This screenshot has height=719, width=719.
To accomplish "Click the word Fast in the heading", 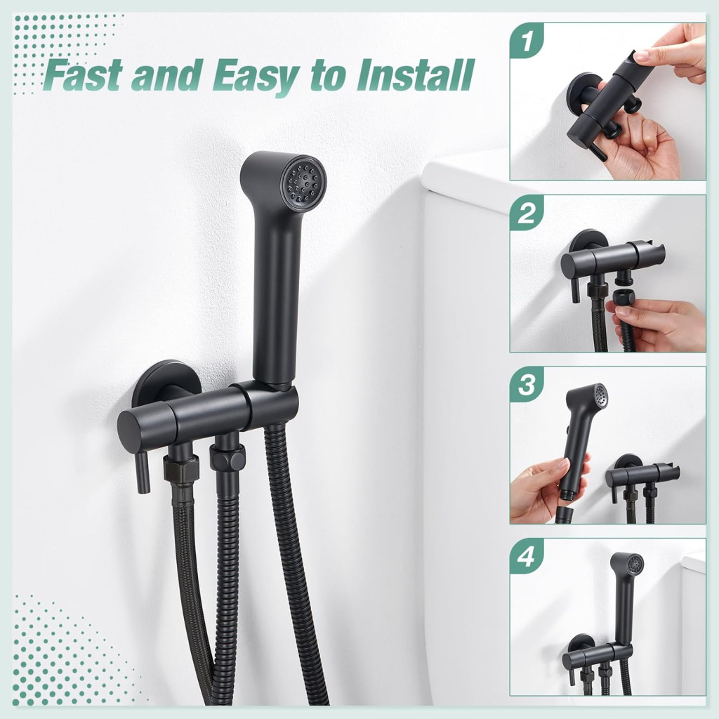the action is click(x=85, y=76).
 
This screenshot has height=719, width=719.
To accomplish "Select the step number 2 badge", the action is click(x=527, y=213).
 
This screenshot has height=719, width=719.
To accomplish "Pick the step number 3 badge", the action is click(x=527, y=384).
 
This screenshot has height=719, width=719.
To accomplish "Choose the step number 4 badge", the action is click(x=527, y=556).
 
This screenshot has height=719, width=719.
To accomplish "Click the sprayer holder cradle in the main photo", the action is click(x=274, y=399).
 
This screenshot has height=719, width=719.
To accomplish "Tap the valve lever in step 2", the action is click(x=575, y=291).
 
